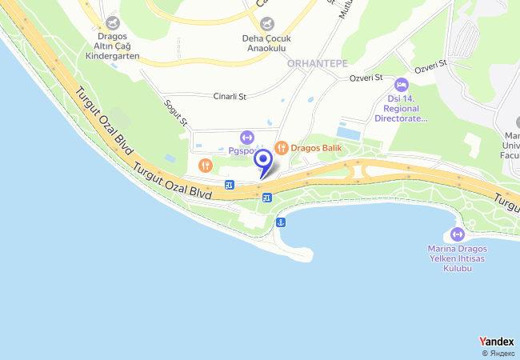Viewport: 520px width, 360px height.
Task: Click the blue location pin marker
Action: point(262,162)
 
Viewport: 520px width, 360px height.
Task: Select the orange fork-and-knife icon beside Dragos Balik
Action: point(281,147)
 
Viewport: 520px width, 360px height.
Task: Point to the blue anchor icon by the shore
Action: point(280,222)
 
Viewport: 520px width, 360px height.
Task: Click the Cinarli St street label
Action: point(230,96)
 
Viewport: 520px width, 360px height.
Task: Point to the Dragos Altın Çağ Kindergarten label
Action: point(111,47)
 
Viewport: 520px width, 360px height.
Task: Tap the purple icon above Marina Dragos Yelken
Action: point(458,234)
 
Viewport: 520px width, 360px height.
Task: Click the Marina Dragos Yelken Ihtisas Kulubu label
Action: point(458,258)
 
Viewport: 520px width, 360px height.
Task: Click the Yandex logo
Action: point(497,342)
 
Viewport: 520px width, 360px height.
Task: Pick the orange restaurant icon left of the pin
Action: point(206,166)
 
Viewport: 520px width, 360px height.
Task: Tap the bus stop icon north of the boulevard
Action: point(230,186)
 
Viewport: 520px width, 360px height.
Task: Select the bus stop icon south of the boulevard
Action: point(266,198)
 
